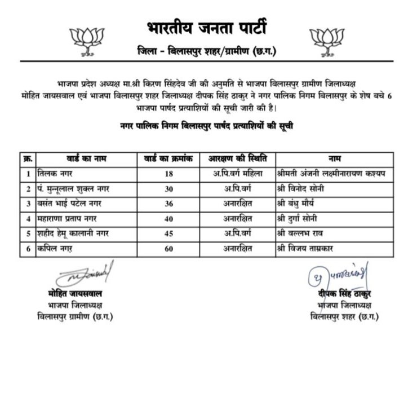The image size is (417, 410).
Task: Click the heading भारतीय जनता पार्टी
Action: point(208,27)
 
